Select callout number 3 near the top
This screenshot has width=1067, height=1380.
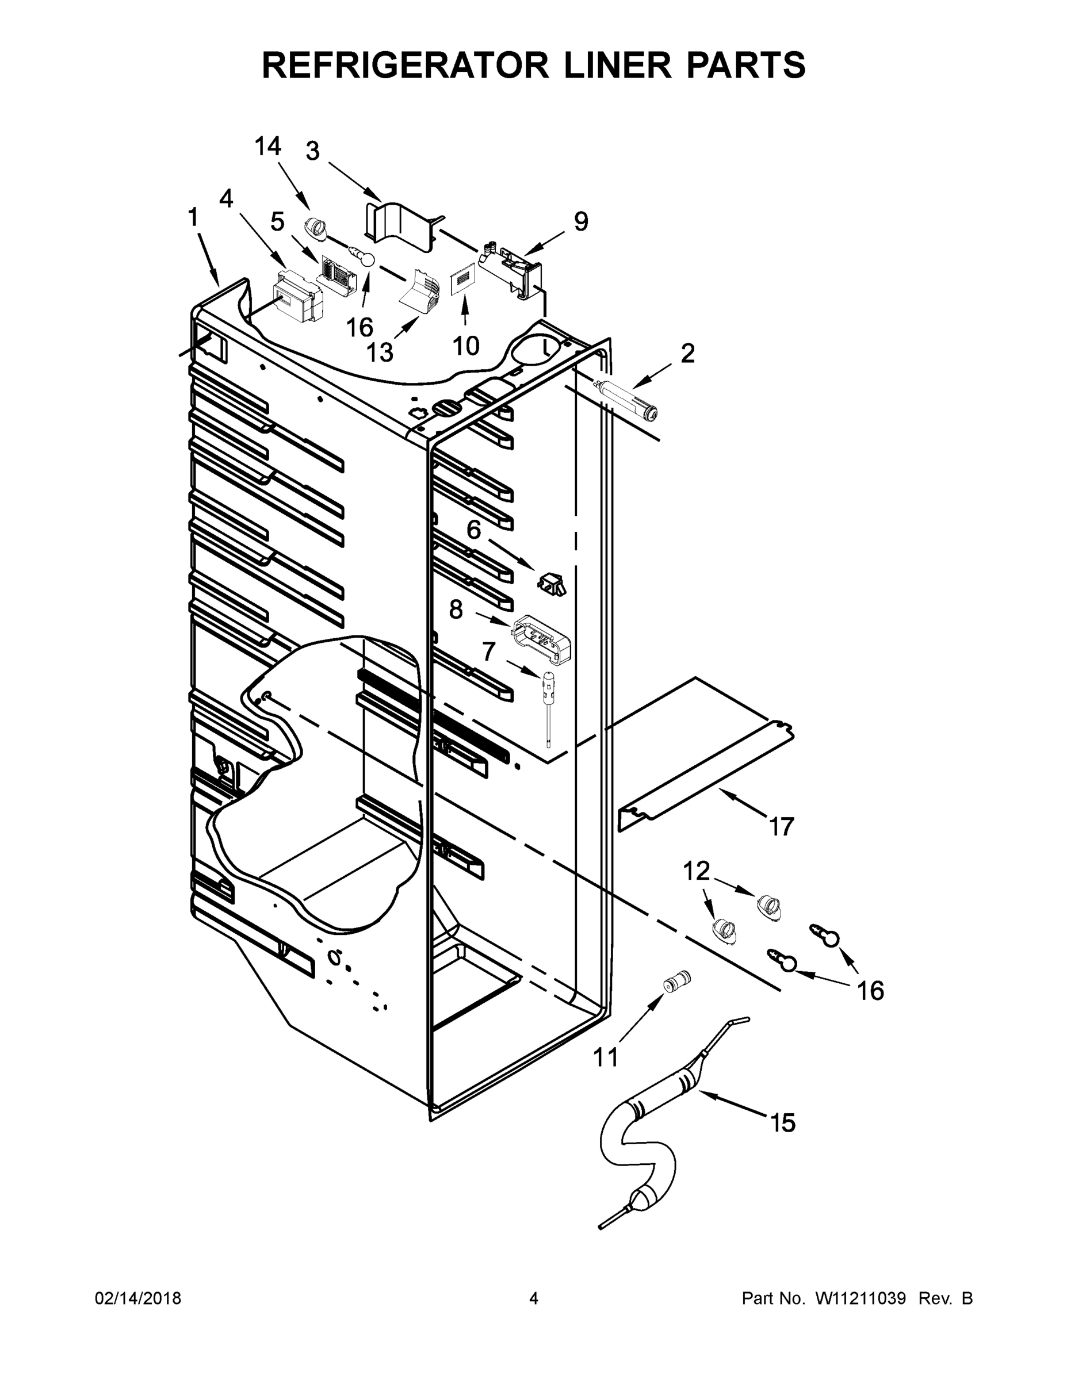[x=312, y=152]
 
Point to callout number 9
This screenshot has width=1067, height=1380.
[x=580, y=221]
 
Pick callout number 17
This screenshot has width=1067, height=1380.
[x=781, y=826]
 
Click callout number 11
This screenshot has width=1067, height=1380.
[x=605, y=1056]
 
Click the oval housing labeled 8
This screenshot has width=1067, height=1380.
[x=543, y=639]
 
